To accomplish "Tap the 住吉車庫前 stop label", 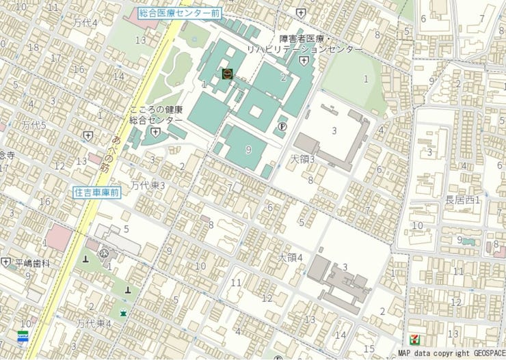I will [96, 193].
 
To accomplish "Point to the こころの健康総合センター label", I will [157, 115].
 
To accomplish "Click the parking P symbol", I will [282, 126].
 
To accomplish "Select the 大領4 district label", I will [290, 258].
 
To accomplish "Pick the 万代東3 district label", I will [148, 185].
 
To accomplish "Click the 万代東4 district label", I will [94, 323].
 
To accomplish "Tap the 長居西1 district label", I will [462, 200].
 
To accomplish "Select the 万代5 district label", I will [33, 126].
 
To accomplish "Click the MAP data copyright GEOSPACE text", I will [450, 354].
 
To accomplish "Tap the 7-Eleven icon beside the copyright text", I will [414, 339].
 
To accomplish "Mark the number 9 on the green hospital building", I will [248, 149].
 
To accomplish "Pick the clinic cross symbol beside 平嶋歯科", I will [6, 262].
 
